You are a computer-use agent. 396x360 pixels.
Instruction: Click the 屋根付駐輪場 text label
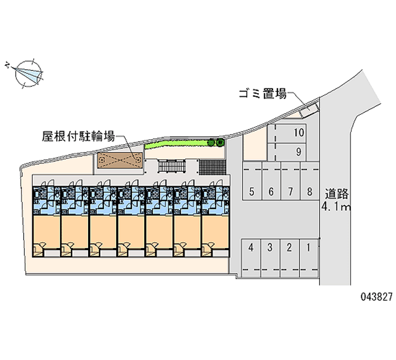point(79,136)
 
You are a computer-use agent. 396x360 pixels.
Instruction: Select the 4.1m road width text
point(336,207)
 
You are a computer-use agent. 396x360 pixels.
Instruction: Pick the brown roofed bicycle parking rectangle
point(119,160)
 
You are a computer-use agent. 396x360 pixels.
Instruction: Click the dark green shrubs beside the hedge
point(216,142)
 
